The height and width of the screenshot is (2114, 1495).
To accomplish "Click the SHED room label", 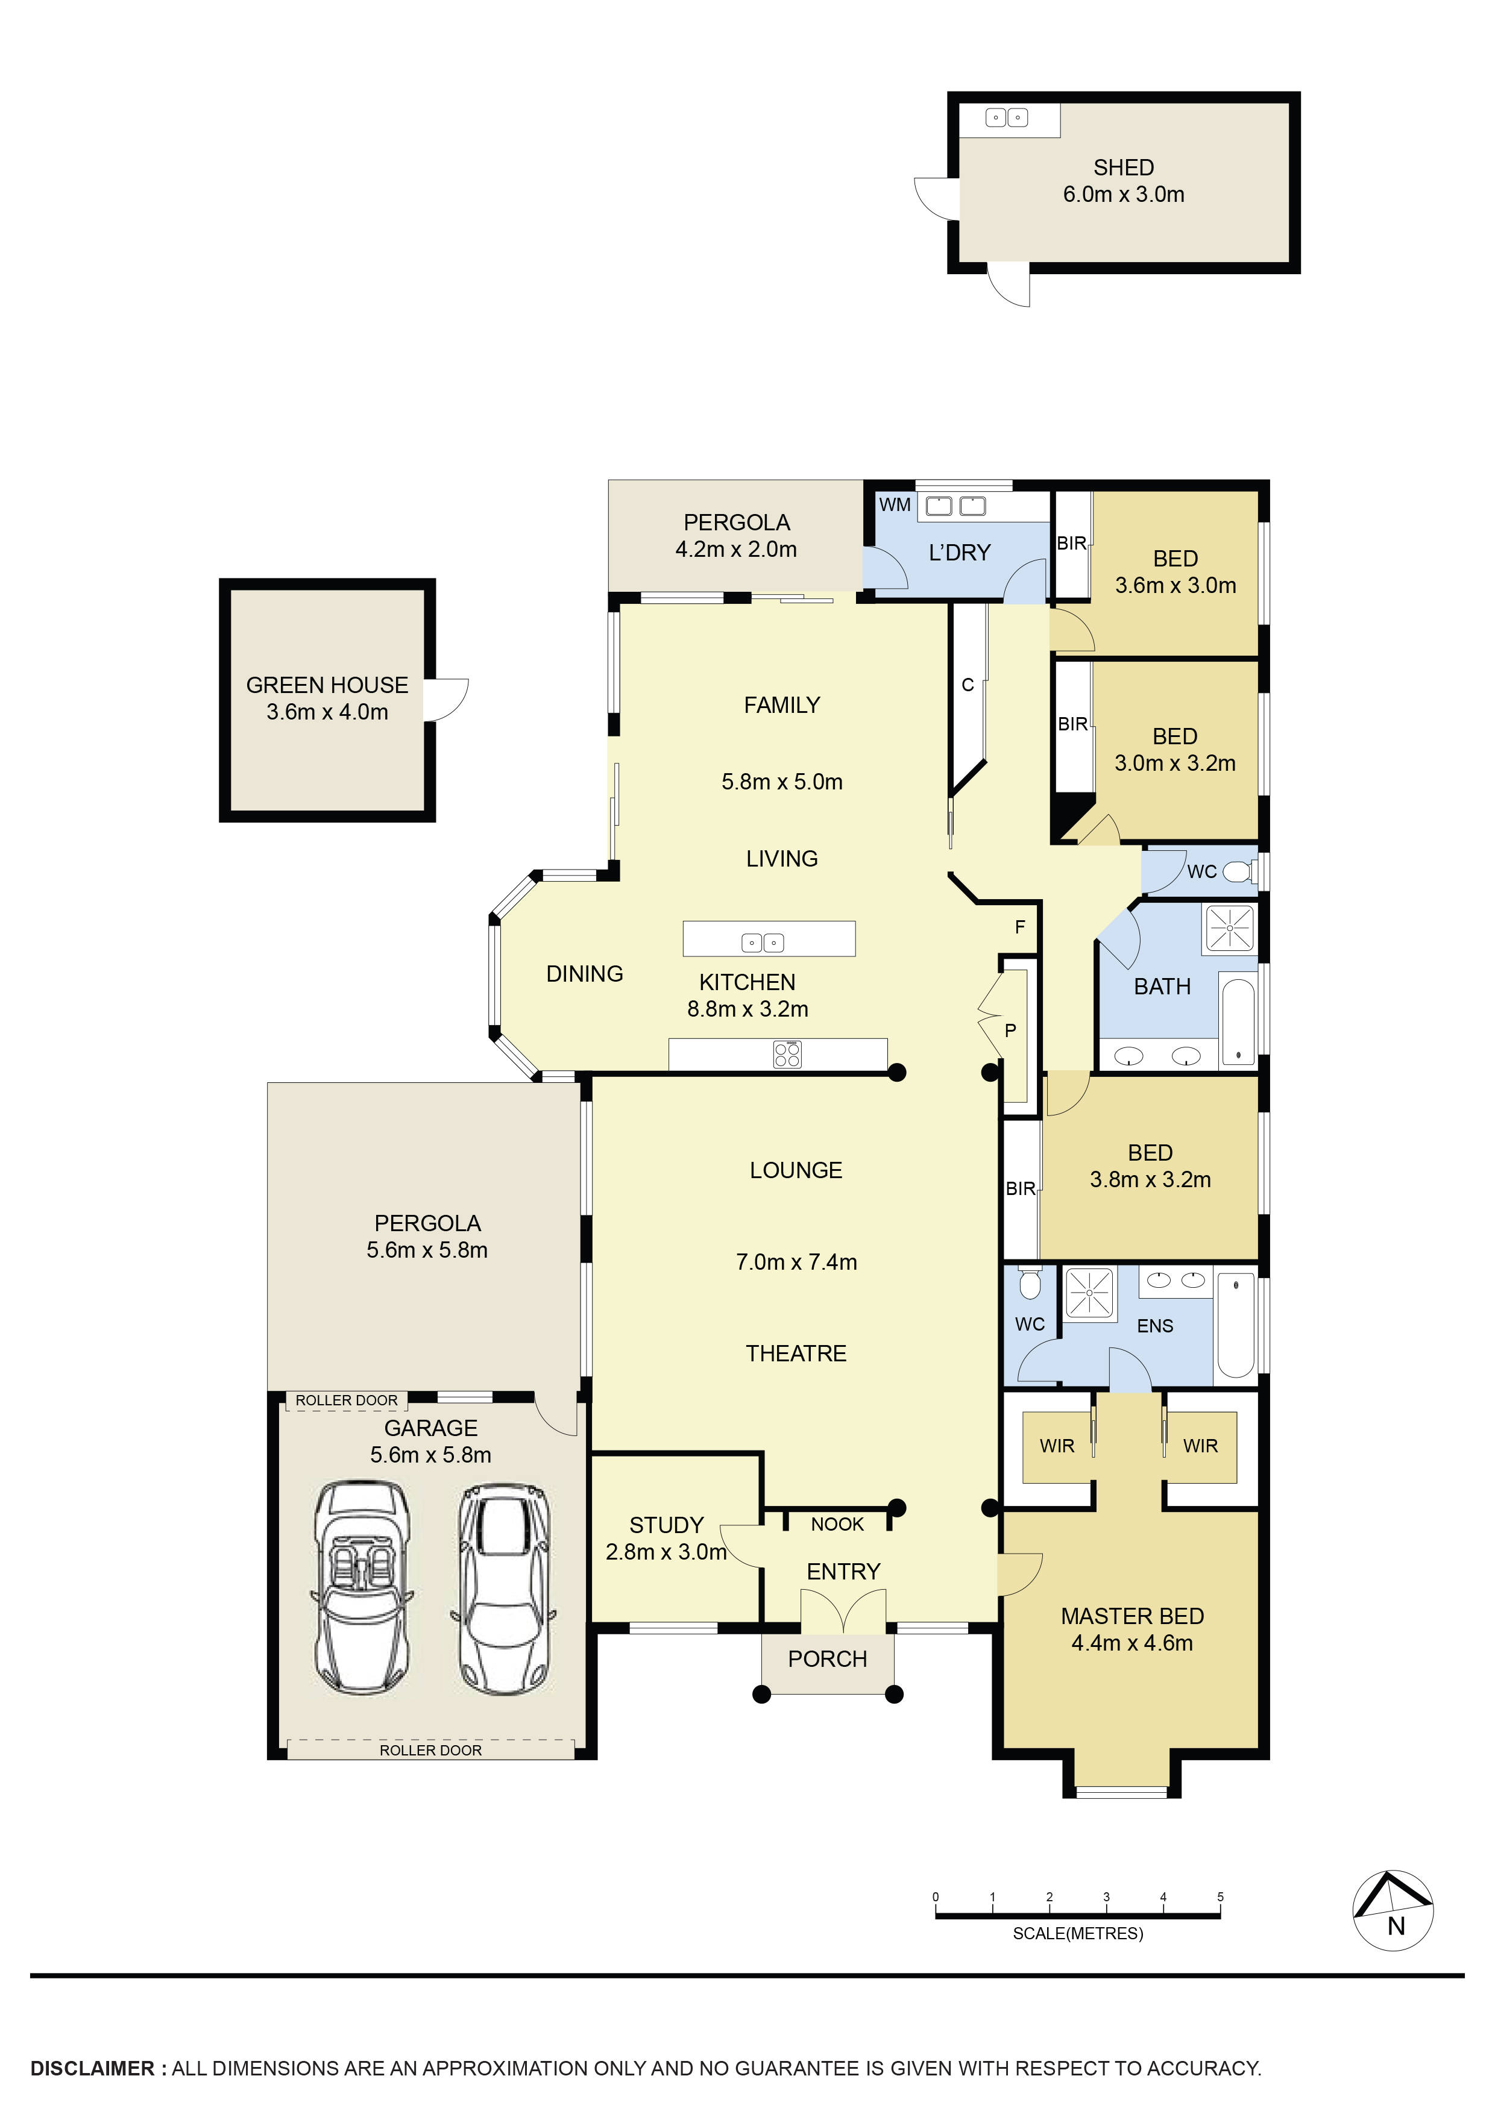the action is pos(1123,168).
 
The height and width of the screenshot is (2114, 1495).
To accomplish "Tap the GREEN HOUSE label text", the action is pos(327,685).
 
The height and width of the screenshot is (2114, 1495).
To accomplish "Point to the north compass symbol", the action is pos(1392,1910).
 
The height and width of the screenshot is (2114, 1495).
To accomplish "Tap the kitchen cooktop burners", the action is pos(787,1054).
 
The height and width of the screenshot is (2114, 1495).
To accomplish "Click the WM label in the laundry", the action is pos(895,504).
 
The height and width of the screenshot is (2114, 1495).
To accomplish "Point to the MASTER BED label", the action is pos(1132,1616).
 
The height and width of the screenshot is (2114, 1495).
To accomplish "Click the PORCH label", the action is pos(827,1659).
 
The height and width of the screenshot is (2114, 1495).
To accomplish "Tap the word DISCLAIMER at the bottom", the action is pos(92,2068).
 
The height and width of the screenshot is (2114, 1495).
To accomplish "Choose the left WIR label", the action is pos(1057,1446).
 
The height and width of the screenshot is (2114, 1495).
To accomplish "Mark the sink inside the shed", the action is pos(1006,118).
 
